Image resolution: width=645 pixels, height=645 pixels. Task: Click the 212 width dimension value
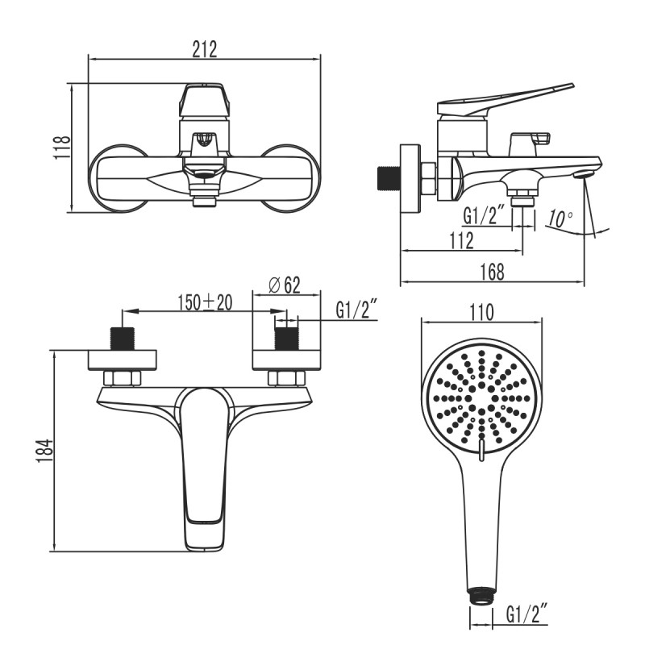(x=205, y=50)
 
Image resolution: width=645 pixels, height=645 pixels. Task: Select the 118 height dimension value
(x=62, y=148)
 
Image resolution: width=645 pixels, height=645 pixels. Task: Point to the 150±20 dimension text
(x=205, y=302)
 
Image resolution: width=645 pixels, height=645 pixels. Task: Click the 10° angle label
(x=559, y=218)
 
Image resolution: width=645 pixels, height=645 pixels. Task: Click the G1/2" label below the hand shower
(x=527, y=615)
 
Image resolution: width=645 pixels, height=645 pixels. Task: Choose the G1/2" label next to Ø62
(x=356, y=310)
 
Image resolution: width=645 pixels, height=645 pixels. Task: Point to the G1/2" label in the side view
(x=484, y=215)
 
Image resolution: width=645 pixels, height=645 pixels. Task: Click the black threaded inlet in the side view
(x=389, y=178)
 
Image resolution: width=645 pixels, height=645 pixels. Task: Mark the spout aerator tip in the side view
(x=583, y=173)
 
